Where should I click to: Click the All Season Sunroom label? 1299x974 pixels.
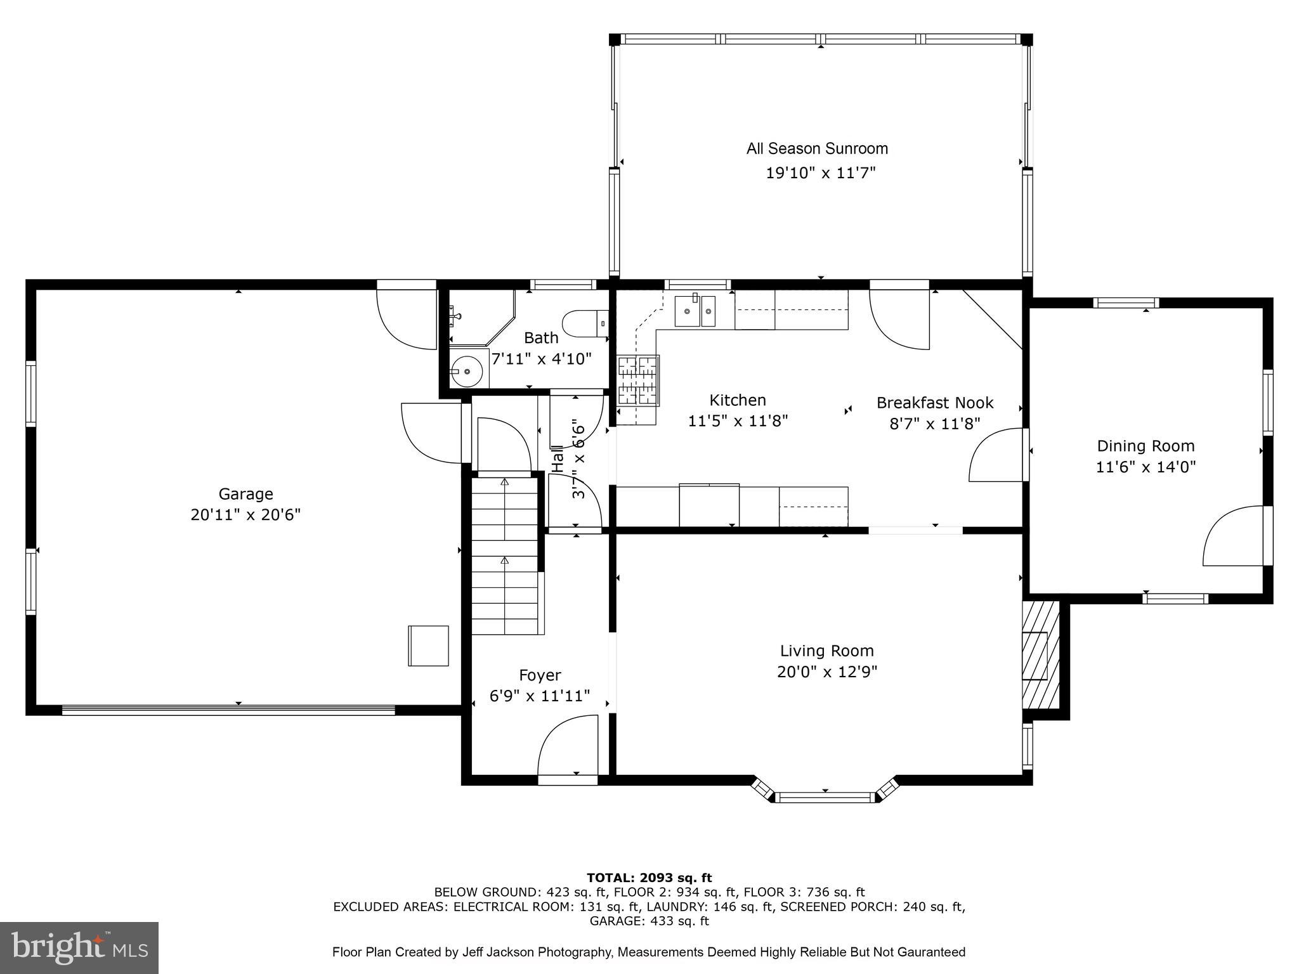point(817,149)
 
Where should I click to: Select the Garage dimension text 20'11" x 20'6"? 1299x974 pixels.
point(245,514)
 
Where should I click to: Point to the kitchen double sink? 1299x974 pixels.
point(695,311)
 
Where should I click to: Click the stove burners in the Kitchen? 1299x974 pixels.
point(639,380)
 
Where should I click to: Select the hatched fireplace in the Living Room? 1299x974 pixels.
point(1040,654)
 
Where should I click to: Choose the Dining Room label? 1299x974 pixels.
point(1146,446)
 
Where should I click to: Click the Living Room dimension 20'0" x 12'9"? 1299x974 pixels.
point(827,672)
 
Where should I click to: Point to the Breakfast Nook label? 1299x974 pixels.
point(934,403)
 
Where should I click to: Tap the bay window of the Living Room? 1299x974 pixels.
point(825,797)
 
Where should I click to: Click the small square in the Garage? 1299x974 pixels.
point(428,646)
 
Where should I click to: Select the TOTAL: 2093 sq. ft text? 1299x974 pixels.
point(649,878)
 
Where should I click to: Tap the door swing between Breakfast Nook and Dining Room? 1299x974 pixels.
point(996,455)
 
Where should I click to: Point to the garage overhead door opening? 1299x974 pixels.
point(228,710)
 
